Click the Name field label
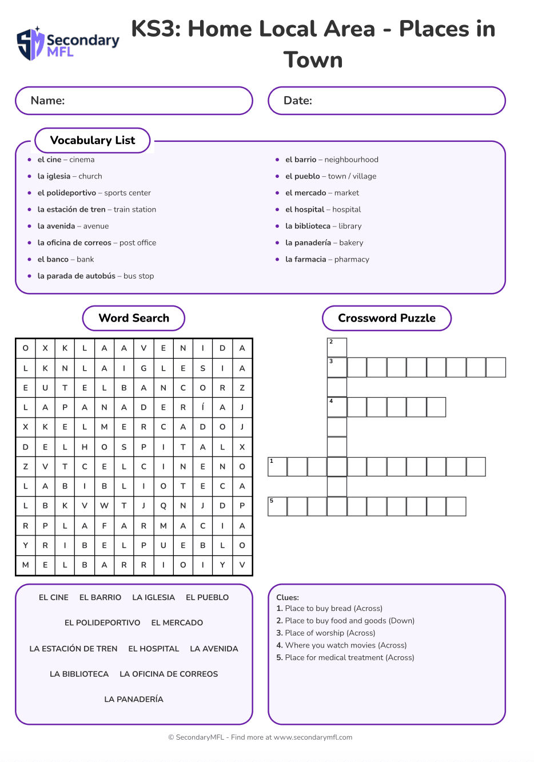point(48,101)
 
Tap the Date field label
point(298,101)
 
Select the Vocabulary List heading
point(93,141)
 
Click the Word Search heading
point(134,318)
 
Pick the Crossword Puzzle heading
point(386,318)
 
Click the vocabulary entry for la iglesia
point(70,176)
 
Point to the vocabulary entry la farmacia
point(327,259)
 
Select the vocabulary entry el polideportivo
point(94,193)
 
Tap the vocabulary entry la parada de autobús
point(95,276)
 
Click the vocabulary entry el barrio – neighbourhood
point(332,160)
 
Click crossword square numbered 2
point(337,347)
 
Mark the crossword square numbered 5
point(277,506)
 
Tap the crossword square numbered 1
point(277,467)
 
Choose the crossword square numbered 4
point(337,407)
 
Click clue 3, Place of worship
point(326,633)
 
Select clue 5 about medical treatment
point(345,657)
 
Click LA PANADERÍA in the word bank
point(134,699)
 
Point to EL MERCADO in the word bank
point(177,622)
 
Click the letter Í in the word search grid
point(202,407)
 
